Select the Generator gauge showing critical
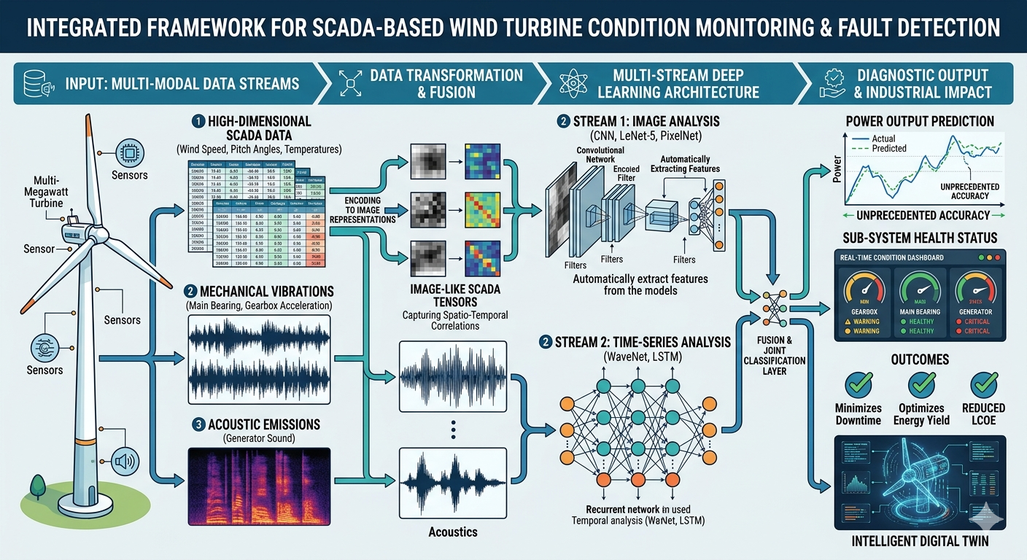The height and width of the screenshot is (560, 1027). [x=976, y=292]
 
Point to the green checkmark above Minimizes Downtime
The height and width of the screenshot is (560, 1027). [x=859, y=384]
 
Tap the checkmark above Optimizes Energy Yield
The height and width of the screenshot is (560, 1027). [x=921, y=384]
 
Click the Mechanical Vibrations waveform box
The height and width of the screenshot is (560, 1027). [x=259, y=355]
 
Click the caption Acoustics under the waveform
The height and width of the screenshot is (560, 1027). [x=452, y=532]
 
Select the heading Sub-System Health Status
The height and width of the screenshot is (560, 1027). [x=920, y=238]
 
